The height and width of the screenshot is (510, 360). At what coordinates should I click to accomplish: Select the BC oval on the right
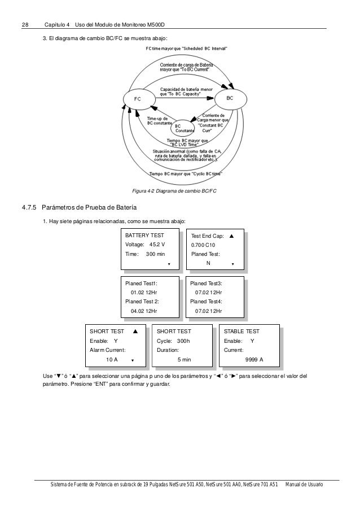click(229, 98)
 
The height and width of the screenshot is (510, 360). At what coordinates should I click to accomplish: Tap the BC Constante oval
click(181, 128)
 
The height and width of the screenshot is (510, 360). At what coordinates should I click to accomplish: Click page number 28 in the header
click(25, 25)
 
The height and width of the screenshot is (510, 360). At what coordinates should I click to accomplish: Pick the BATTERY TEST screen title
click(145, 235)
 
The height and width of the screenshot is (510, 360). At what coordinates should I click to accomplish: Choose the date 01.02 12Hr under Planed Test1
click(144, 293)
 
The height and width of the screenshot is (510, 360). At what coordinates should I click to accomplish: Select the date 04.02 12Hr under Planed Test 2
click(144, 311)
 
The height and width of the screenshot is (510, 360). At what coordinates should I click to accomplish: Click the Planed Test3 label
click(207, 283)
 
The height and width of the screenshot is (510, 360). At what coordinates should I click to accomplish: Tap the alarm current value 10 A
click(112, 360)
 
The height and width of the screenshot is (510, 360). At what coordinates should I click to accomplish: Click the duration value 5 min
click(185, 360)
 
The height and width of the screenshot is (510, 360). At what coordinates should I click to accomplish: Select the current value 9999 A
click(254, 360)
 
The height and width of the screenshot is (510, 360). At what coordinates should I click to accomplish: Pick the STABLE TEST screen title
click(242, 332)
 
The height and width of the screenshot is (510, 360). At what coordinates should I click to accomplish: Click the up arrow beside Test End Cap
click(231, 235)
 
